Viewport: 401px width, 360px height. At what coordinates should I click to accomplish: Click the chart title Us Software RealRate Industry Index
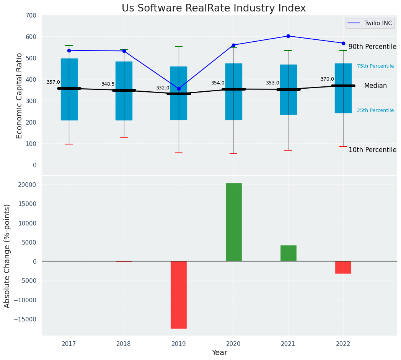click(x=214, y=8)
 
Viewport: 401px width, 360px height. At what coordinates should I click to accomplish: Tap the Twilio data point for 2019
click(x=179, y=89)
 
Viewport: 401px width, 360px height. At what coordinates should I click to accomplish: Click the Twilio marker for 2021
click(x=288, y=36)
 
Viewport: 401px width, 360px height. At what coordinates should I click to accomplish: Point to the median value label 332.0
click(x=162, y=88)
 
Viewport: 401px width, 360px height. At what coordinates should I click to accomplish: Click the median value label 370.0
click(x=327, y=79)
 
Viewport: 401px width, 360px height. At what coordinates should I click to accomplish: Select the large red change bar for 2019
click(x=179, y=295)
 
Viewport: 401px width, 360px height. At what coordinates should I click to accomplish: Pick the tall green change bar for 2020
click(x=233, y=222)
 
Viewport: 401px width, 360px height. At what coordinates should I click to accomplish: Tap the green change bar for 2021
click(x=288, y=253)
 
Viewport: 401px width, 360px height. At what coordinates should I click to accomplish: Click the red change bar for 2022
click(x=343, y=267)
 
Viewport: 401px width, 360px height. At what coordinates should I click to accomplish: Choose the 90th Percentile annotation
click(x=372, y=47)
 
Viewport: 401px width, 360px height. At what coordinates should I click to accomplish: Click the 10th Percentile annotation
click(x=372, y=150)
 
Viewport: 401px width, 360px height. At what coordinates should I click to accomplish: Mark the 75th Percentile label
click(x=375, y=66)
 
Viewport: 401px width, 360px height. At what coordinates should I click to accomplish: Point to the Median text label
click(x=375, y=86)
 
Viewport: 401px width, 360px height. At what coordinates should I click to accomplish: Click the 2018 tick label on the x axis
click(x=124, y=344)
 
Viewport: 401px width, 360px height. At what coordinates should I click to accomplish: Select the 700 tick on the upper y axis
click(x=31, y=15)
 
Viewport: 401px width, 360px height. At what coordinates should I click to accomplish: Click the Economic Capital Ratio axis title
click(x=20, y=96)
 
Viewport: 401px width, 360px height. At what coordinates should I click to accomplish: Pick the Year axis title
click(x=219, y=353)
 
